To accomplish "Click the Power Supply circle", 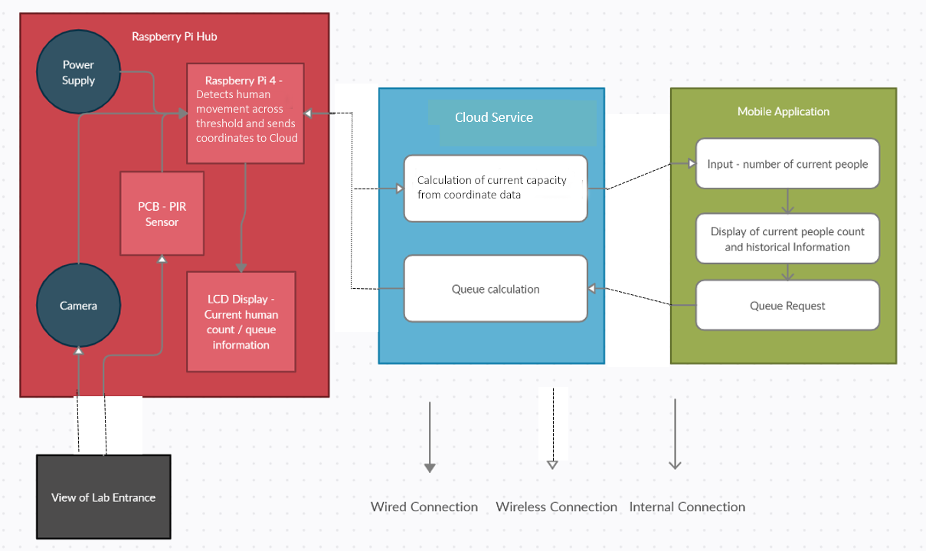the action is click(79, 72).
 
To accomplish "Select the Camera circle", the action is click(79, 305).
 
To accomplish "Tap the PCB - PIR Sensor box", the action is click(162, 214).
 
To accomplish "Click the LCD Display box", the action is click(241, 322).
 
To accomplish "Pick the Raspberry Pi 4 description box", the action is click(246, 113).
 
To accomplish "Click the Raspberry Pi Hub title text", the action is click(175, 37).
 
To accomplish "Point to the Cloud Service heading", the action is click(494, 117).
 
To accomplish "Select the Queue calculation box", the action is click(496, 289).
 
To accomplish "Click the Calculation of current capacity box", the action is click(496, 189).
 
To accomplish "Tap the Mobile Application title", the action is click(784, 111).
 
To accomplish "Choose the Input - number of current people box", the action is click(787, 164).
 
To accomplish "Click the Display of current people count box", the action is click(787, 238).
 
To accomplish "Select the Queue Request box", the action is click(787, 305).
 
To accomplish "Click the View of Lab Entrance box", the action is click(103, 497).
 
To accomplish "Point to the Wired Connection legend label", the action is click(424, 507).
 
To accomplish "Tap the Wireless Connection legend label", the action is click(556, 507).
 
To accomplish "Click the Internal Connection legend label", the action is click(688, 507).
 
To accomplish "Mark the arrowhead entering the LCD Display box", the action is click(241, 267).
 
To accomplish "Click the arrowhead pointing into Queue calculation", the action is click(591, 288).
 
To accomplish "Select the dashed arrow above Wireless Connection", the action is click(553, 428).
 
